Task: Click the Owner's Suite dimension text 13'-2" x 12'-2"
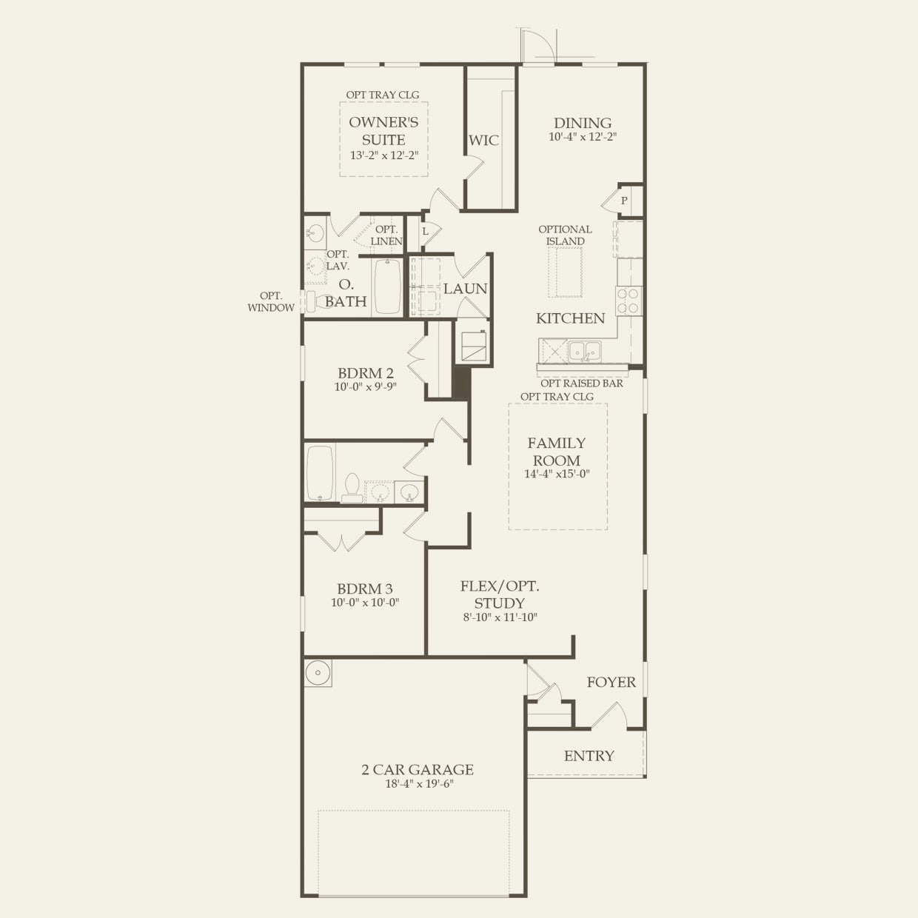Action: (384, 155)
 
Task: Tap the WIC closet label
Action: (483, 141)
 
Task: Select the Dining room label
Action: (583, 123)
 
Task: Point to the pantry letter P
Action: (624, 201)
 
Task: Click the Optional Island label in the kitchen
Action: (565, 235)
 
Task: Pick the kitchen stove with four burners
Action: (629, 301)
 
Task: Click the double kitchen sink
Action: (585, 352)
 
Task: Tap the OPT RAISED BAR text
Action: (582, 383)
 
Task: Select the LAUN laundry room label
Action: (465, 289)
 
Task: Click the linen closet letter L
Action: (426, 232)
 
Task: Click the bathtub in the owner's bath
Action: (387, 286)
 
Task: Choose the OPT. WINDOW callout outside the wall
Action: (271, 301)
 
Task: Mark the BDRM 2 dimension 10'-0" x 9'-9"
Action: (366, 386)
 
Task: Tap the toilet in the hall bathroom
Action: (352, 488)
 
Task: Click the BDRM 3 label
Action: (365, 589)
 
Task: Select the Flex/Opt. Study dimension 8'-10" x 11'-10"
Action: (500, 617)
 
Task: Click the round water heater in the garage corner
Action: (318, 673)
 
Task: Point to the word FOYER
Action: (612, 682)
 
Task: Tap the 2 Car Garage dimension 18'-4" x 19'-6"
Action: (419, 784)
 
